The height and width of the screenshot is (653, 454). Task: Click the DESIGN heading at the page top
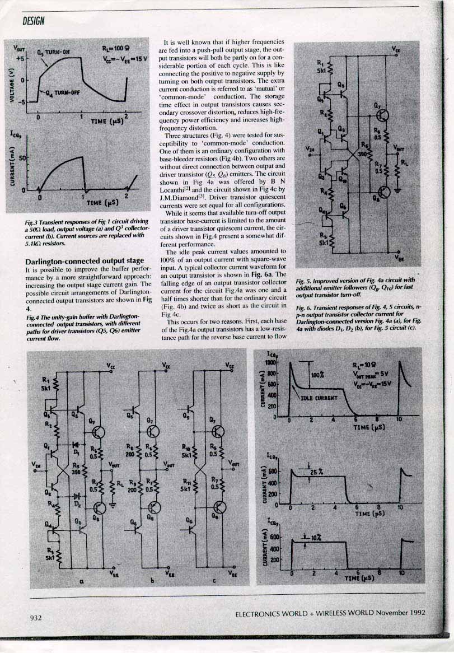click(x=34, y=21)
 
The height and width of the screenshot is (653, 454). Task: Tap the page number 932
click(x=36, y=618)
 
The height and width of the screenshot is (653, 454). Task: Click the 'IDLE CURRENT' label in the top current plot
click(x=319, y=398)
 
